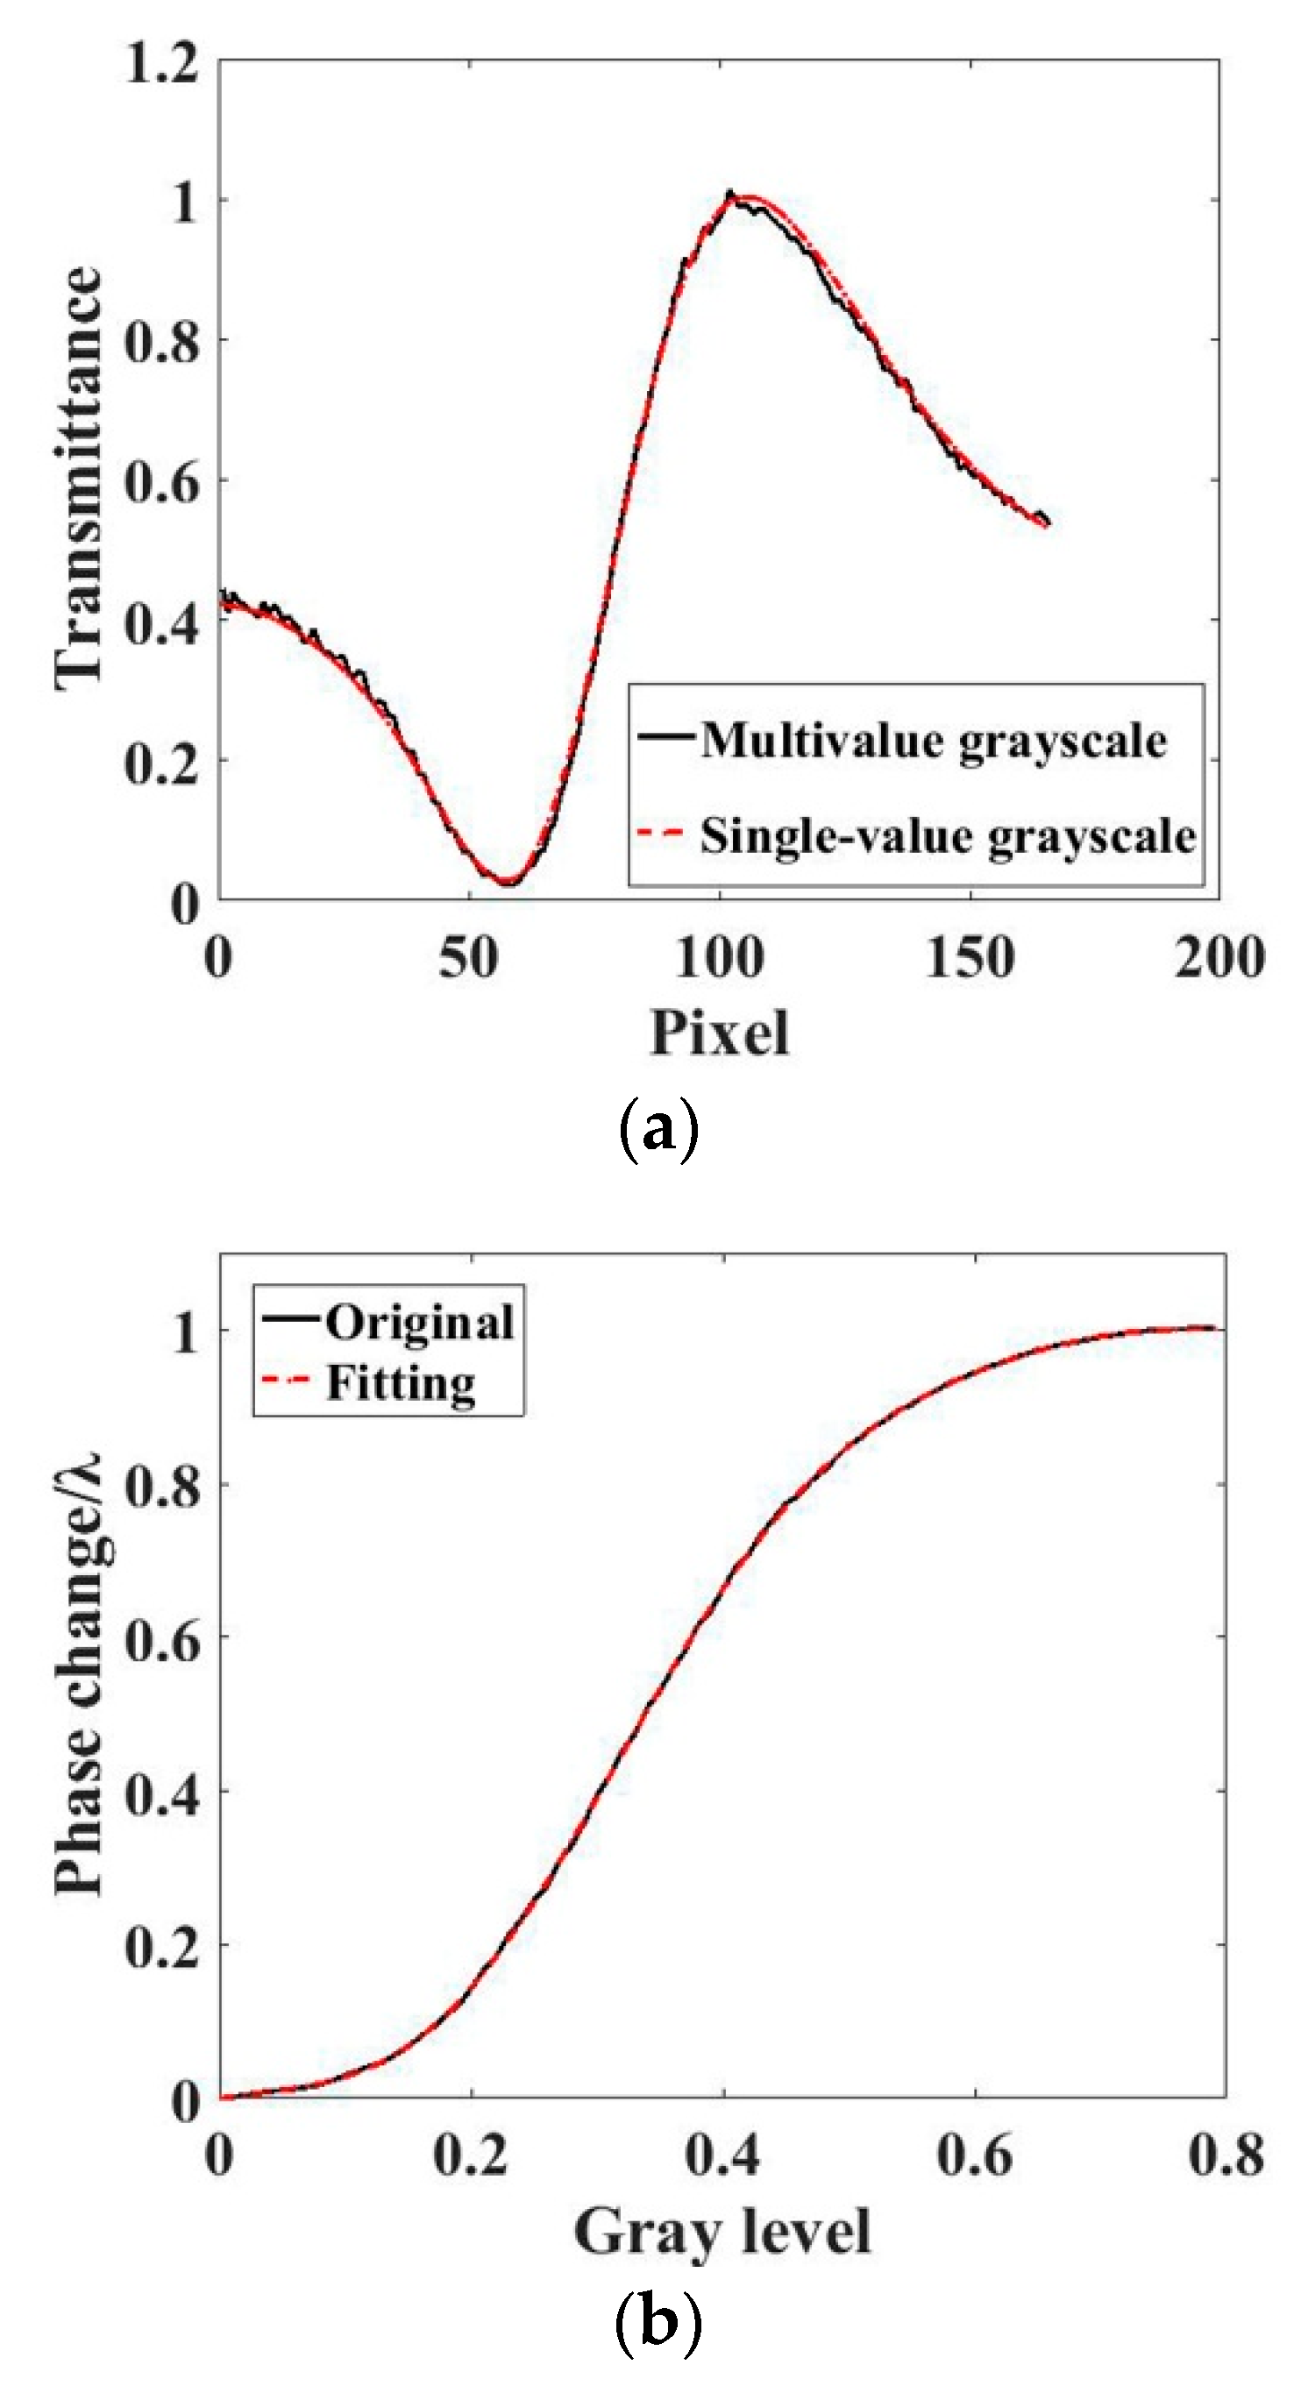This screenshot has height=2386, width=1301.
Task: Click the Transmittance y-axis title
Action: click(79, 478)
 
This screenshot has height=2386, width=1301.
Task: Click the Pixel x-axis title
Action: click(719, 1032)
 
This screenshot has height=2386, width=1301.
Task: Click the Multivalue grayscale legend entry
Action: click(932, 740)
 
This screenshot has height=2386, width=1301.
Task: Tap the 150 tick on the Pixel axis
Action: click(970, 958)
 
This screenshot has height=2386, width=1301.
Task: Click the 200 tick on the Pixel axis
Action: click(1219, 958)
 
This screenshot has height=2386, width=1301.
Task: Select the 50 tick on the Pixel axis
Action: click(469, 958)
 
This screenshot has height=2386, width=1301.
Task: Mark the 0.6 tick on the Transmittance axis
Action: click(162, 481)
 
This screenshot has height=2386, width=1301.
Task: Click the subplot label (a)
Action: click(657, 1127)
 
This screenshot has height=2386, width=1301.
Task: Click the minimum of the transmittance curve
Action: click(506, 881)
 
